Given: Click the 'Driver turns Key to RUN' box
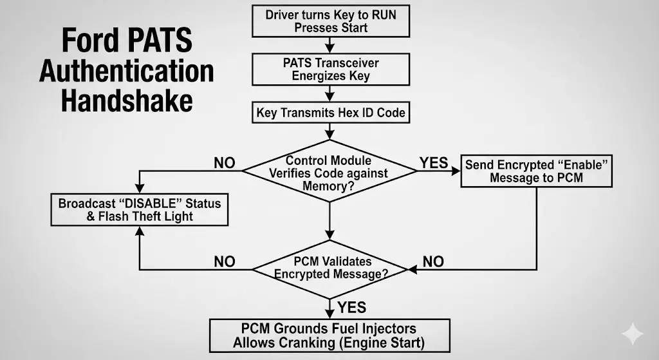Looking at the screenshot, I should point(330,21).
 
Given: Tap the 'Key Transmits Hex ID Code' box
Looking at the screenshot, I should point(330,113).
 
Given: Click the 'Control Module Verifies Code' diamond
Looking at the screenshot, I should point(329,171).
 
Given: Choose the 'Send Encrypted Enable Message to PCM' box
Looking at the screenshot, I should point(536,171).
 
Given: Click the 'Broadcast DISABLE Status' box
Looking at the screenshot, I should point(140,210).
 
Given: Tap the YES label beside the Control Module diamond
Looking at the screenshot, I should point(434,163).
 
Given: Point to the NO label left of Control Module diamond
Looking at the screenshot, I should point(225,163).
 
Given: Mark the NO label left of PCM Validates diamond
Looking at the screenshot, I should point(225,261).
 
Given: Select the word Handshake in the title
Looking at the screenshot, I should point(126,101).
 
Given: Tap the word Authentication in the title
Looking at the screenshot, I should point(126,71).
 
